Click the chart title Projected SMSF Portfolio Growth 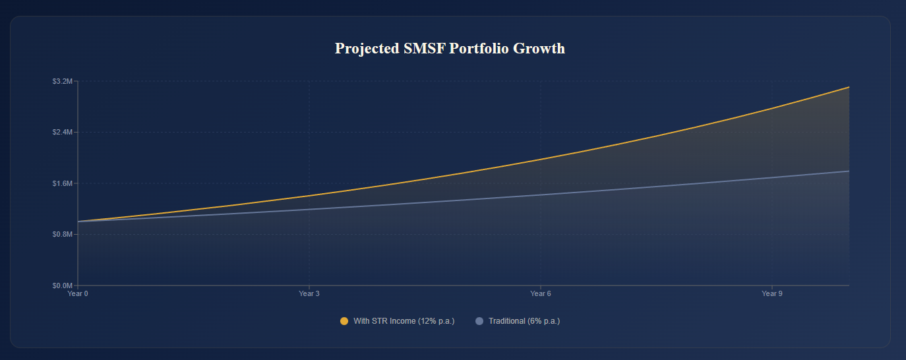(450, 49)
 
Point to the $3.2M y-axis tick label (62, 81)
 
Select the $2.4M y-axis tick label (62, 132)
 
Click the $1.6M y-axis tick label (62, 183)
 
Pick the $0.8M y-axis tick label (62, 234)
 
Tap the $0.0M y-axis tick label (62, 285)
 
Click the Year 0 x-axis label (78, 293)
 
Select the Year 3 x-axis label (309, 293)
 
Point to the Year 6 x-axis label (541, 293)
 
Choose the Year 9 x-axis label (771, 293)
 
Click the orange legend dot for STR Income (344, 321)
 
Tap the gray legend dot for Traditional (479, 321)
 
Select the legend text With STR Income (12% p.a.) (404, 321)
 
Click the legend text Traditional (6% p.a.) (524, 321)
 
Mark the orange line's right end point (849, 87)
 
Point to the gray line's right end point (849, 171)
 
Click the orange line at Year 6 (541, 160)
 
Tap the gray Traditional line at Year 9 (771, 177)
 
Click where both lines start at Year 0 (78, 222)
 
